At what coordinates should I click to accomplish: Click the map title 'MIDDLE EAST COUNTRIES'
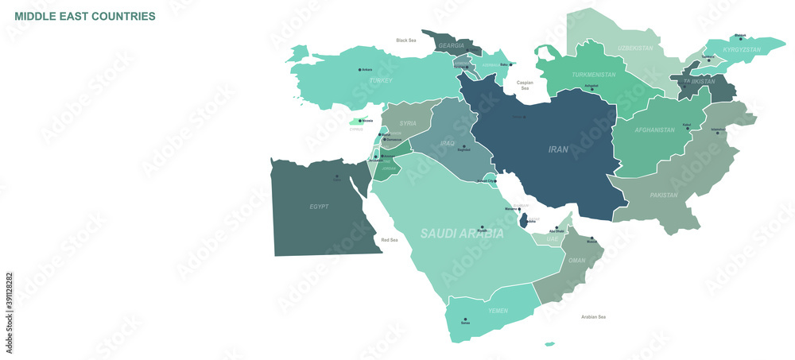pos(85,16)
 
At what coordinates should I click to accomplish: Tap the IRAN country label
pos(558,149)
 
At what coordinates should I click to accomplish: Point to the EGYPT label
pos(319,207)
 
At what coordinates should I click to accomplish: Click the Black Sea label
pos(406,41)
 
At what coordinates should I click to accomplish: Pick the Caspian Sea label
pos(525,85)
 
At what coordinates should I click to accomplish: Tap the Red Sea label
pos(390,239)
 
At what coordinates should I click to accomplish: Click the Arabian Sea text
pos(593,316)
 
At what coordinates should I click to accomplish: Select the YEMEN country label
pos(497,311)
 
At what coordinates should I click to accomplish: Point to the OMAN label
pos(576,261)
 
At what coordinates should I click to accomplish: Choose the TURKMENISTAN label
pos(593,75)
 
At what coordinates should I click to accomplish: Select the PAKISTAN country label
pos(664,195)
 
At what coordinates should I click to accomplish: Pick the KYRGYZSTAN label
pos(742,49)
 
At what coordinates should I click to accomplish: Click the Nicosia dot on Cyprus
pos(361,122)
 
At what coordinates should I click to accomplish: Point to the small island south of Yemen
pos(549,344)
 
